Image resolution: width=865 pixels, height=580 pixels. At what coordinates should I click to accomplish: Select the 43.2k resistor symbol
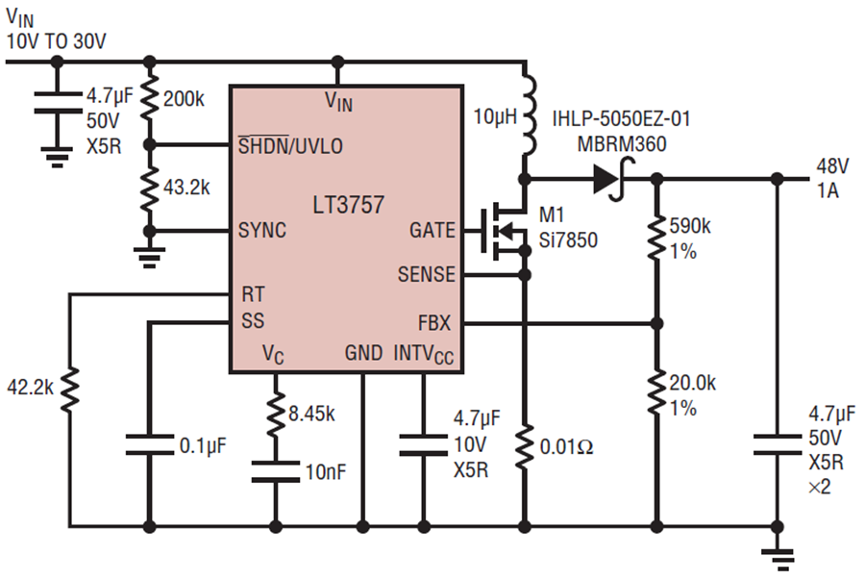[148, 188]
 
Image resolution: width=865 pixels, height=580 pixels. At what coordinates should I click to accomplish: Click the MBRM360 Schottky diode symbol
[605, 179]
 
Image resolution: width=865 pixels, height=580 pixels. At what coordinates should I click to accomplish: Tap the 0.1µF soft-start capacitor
[148, 444]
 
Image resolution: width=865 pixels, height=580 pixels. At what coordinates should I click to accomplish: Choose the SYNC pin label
[262, 232]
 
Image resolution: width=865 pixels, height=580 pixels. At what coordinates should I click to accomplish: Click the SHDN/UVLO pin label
[290, 146]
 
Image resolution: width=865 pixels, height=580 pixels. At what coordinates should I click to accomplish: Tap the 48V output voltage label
[832, 164]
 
